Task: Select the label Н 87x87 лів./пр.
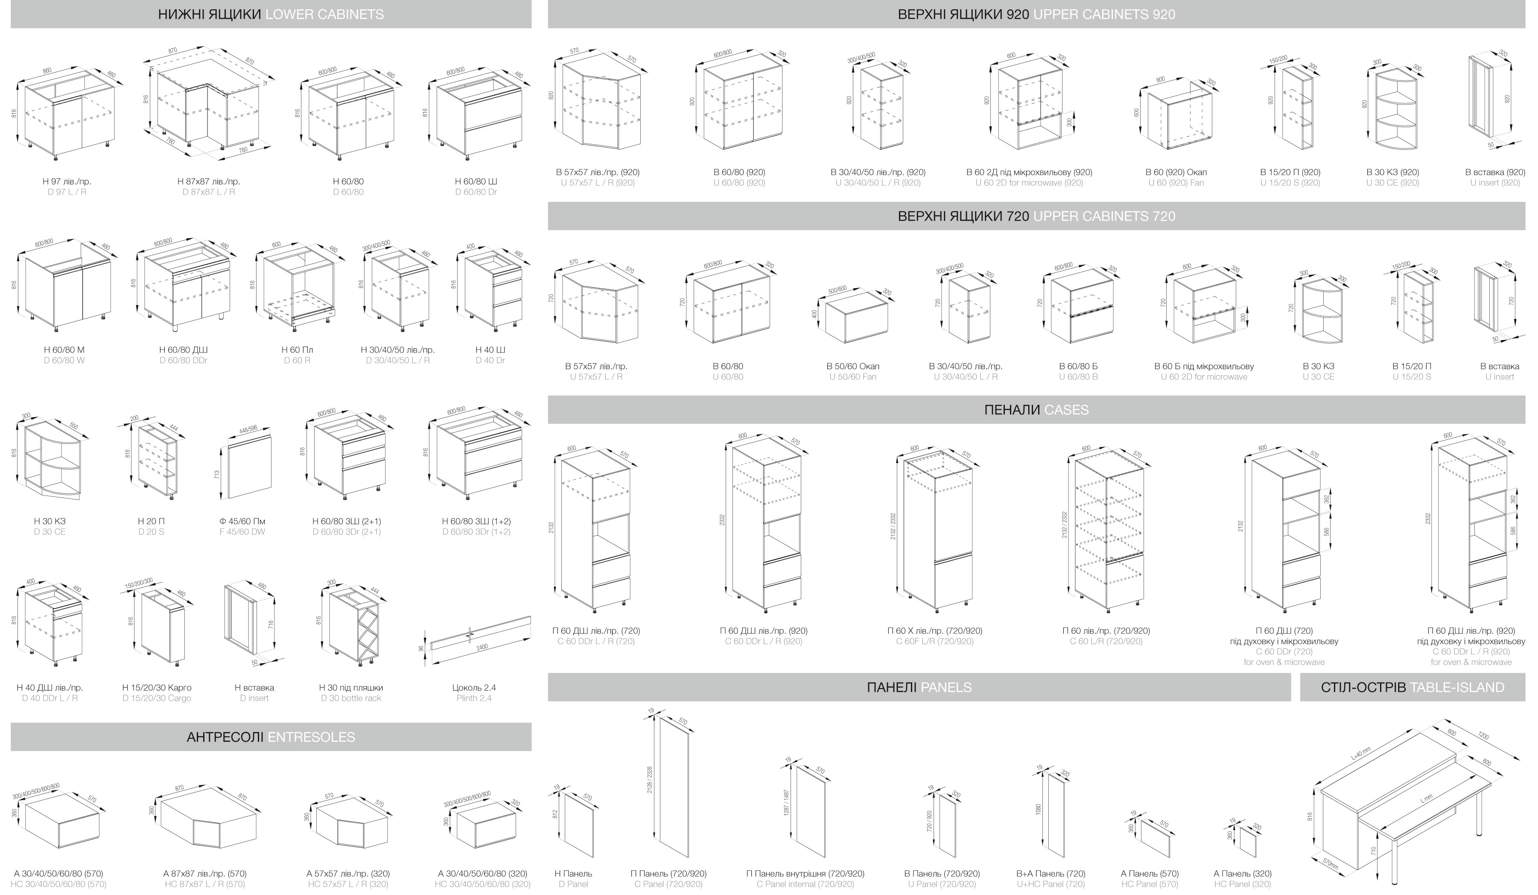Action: [x=209, y=181]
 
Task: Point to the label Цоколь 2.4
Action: [x=474, y=688]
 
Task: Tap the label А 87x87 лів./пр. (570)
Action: [x=205, y=874]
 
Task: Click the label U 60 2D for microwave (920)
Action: [x=1029, y=182]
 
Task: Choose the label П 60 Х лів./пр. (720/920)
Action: [x=934, y=631]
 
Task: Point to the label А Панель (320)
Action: [x=1243, y=874]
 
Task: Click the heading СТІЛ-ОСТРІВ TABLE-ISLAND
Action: [x=1412, y=688]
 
